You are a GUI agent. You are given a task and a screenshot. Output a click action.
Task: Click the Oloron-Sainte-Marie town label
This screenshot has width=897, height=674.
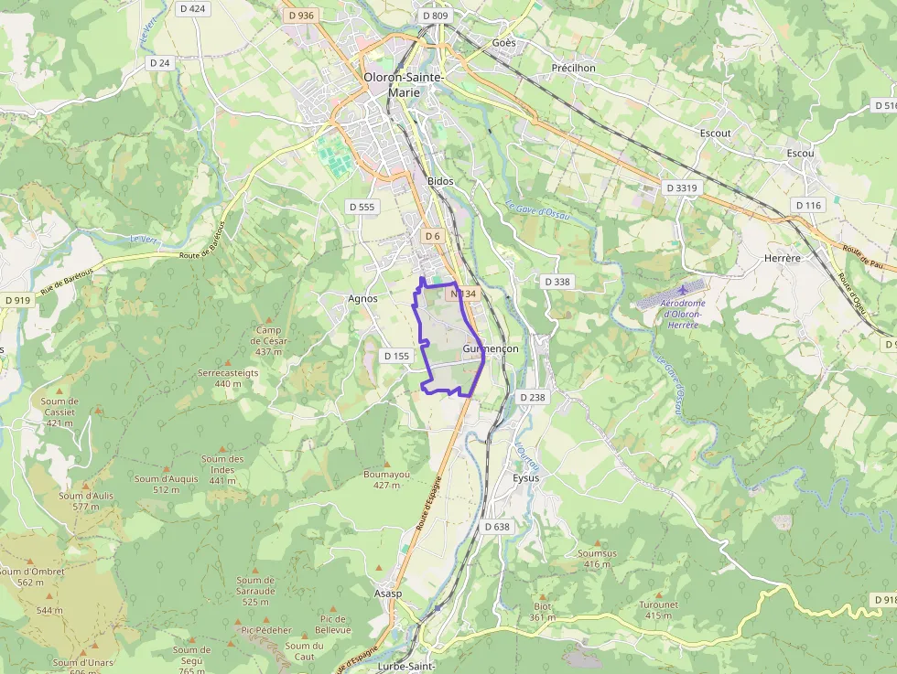[404, 84]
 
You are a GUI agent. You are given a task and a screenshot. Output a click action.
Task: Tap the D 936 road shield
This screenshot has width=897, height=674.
[300, 16]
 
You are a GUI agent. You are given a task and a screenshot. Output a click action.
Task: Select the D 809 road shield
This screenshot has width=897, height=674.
[436, 16]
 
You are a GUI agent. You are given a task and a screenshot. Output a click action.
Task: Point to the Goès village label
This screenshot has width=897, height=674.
[503, 43]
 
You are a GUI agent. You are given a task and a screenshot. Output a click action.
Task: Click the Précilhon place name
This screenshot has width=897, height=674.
[574, 68]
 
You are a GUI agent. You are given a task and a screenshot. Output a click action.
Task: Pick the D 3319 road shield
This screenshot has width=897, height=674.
[682, 187]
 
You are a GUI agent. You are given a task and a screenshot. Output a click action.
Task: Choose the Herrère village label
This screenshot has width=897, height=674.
[782, 259]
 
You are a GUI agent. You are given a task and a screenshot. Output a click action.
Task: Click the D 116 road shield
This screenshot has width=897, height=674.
[808, 206]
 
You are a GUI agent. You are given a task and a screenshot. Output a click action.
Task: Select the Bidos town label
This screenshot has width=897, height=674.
[440, 181]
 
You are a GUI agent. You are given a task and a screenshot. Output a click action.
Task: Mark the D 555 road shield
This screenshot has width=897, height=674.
[362, 207]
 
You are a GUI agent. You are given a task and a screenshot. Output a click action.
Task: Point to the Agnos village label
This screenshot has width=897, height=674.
[363, 298]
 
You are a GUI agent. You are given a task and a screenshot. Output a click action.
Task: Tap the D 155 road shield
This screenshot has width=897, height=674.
[396, 356]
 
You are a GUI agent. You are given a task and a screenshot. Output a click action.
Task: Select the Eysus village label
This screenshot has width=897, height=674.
[526, 478]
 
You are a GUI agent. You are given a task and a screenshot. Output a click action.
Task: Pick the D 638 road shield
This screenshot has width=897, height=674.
[496, 527]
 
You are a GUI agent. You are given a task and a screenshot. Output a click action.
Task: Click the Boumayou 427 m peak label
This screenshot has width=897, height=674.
[387, 479]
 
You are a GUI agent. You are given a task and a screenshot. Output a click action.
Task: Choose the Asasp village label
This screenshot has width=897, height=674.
[388, 594]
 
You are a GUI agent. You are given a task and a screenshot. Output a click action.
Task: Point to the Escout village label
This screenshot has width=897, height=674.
[715, 133]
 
